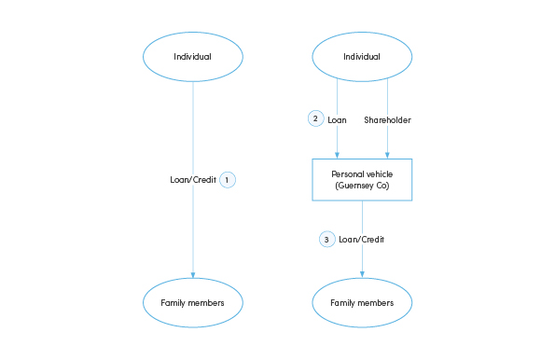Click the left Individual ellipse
pos(193,57)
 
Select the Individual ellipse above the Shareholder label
pos(362,57)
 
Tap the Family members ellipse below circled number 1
pos(193,302)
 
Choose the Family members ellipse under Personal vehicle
pos(362,302)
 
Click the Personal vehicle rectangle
pos(362,179)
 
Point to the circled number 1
pos(228,179)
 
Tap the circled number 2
pos(315,119)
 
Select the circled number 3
pos(326,239)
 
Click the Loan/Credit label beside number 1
pos(192,179)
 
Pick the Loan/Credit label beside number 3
pos(361,240)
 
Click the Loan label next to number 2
pos(338,119)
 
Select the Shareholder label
pos(387,119)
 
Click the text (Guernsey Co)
pos(362,187)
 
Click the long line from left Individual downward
pos(193,131)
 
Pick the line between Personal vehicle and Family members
pos(362,219)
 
